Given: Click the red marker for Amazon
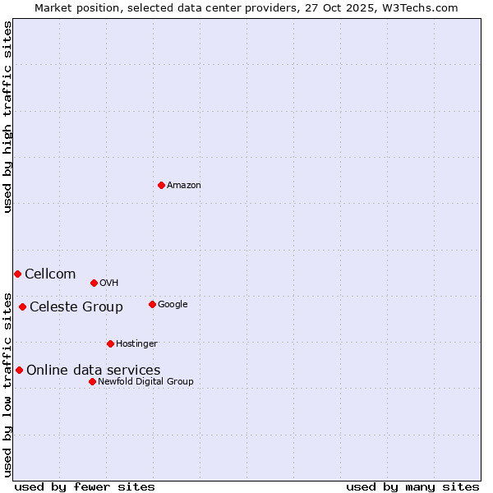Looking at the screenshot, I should pyautogui.click(x=161, y=185).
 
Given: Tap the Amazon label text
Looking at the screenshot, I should pyautogui.click(x=184, y=186).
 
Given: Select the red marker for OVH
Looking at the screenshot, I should pyautogui.click(x=94, y=283).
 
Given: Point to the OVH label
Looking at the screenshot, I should pyautogui.click(x=109, y=283).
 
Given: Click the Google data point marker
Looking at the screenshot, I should pyautogui.click(x=152, y=304).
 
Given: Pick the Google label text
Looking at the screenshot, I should pyautogui.click(x=173, y=305).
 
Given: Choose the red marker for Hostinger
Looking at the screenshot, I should pyautogui.click(x=110, y=343).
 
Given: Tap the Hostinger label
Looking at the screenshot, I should pyautogui.click(x=136, y=344).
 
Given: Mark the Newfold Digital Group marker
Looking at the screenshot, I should pyautogui.click(x=92, y=381).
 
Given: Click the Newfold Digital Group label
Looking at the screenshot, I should pyautogui.click(x=145, y=382).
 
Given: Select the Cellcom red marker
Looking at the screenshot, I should pyautogui.click(x=17, y=274).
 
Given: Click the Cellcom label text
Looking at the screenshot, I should pyautogui.click(x=50, y=274).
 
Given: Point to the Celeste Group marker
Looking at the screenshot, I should pyautogui.click(x=22, y=307).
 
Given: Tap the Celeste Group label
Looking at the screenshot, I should pyautogui.click(x=76, y=307).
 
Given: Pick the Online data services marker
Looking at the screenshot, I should pyautogui.click(x=19, y=370).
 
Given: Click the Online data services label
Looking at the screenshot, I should pyautogui.click(x=94, y=371).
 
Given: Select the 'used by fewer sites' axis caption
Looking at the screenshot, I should pyautogui.click(x=85, y=486).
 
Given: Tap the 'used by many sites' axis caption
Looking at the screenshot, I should pyautogui.click(x=412, y=486).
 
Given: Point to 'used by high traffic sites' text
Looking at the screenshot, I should pyautogui.click(x=8, y=117).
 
